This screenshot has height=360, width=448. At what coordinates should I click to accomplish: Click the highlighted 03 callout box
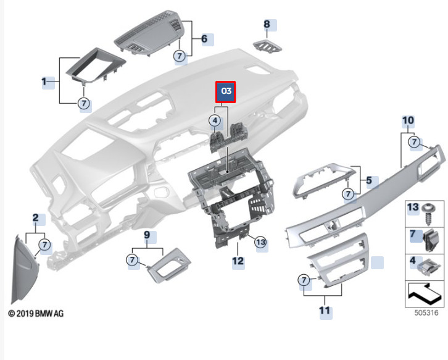(225, 92)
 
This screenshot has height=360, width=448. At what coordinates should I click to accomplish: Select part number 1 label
(44, 81)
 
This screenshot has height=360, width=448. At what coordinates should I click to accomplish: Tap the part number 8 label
(267, 25)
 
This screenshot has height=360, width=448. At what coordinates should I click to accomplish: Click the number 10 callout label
(408, 120)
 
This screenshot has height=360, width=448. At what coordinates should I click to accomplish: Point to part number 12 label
(238, 261)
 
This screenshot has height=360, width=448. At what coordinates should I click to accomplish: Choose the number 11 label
(325, 311)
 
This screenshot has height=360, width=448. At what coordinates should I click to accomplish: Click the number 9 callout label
(147, 235)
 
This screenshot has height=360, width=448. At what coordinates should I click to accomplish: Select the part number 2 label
(36, 218)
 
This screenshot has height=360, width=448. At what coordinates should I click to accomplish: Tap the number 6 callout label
(204, 39)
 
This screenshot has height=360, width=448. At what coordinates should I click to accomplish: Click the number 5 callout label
(368, 181)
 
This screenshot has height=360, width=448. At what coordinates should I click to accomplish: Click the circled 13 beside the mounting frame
(260, 243)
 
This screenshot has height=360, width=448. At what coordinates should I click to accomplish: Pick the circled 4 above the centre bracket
(215, 121)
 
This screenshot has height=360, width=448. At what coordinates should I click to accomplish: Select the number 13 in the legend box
(413, 207)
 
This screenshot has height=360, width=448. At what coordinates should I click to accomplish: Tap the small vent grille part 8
(267, 46)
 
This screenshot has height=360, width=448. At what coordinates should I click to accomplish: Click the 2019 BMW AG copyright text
(36, 314)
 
